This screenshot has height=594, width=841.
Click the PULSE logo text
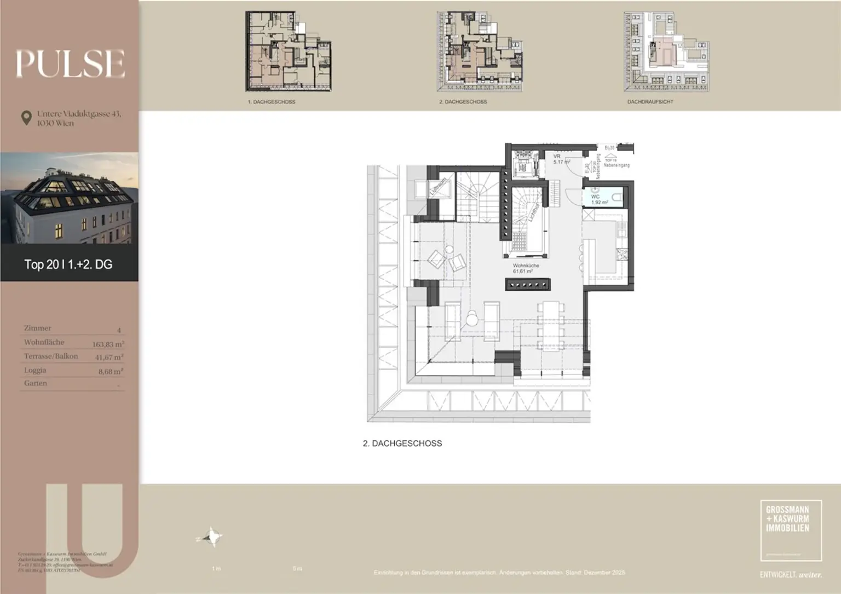[70, 64]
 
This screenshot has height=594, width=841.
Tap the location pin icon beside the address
[26, 118]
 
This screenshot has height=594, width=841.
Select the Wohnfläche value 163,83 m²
[108, 344]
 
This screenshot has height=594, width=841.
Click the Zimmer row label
[37, 328]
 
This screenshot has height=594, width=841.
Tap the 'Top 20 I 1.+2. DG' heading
[68, 264]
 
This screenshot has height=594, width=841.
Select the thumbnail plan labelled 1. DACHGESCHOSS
[288, 52]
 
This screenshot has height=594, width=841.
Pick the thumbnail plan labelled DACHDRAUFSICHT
[666, 52]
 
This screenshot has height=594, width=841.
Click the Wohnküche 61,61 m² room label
[526, 268]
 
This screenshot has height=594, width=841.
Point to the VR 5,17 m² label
[561, 159]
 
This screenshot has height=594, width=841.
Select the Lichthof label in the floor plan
[534, 212]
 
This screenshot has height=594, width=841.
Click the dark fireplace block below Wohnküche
[528, 285]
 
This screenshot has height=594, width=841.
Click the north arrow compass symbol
[210, 537]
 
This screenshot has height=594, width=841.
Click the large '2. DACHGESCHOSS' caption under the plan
[402, 443]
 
